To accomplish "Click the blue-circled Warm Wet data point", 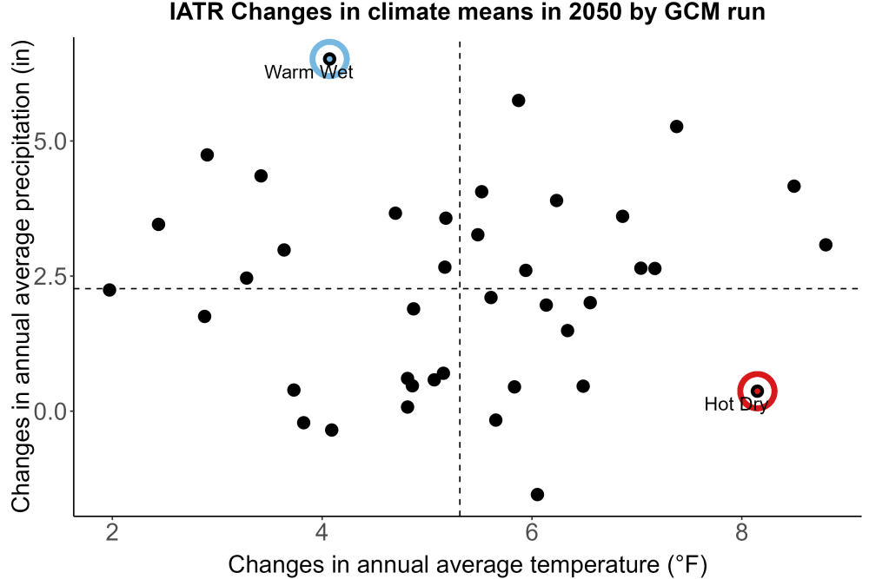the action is [329, 59].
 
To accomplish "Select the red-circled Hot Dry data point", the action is [757, 391].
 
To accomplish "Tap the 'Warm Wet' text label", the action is [308, 72].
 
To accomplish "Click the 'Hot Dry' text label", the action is [736, 404].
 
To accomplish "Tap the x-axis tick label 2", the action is [112, 532].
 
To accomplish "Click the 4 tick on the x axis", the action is [322, 532].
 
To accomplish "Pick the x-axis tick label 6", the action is [532, 532].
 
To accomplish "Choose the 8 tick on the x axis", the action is [741, 532].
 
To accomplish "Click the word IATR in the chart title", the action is [196, 12].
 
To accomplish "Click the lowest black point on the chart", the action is [537, 494].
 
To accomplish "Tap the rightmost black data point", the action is [826, 245].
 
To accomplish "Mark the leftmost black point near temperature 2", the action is [109, 290].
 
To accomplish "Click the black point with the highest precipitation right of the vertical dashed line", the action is [519, 100].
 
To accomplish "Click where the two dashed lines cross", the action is [460, 288].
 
